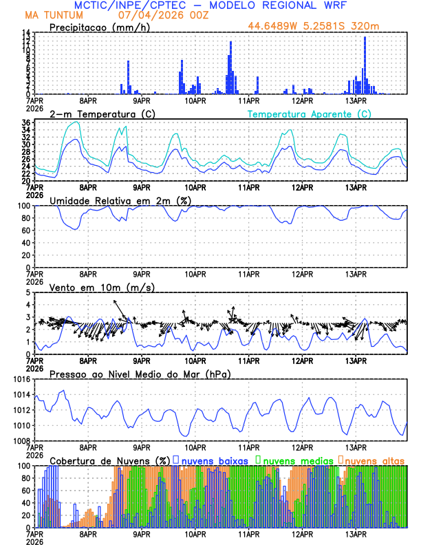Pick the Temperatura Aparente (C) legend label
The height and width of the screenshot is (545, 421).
[309, 114]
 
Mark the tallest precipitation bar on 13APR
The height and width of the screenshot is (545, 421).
[365, 65]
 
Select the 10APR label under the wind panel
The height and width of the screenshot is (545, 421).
[195, 360]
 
